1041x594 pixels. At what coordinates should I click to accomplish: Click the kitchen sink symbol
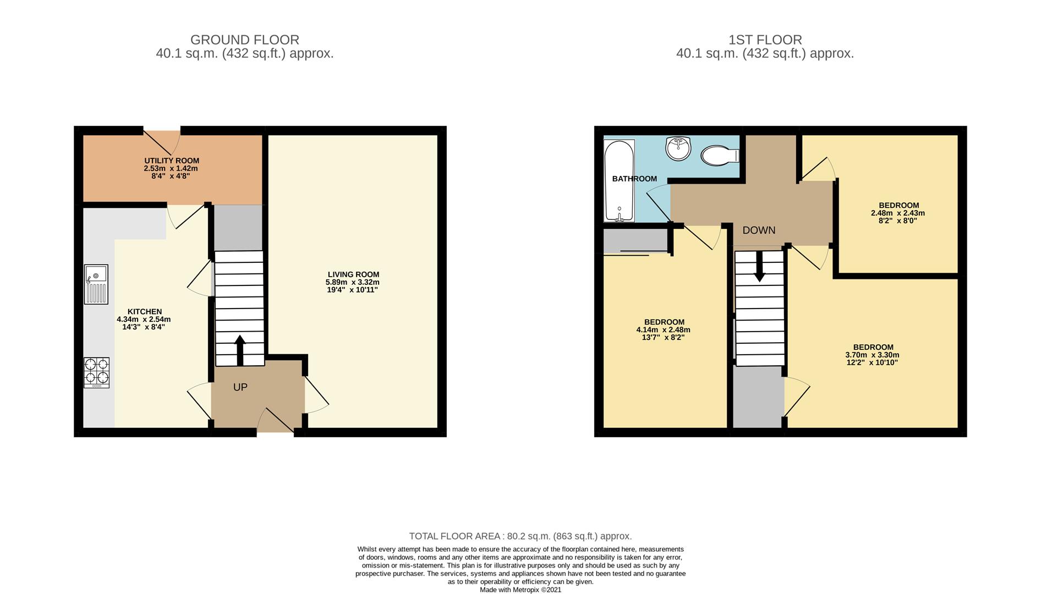point(96,284)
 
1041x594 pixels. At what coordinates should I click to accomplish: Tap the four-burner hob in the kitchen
point(96,372)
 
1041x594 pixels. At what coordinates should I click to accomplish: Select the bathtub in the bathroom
point(620,180)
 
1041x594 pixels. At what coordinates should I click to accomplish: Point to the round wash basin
point(678,148)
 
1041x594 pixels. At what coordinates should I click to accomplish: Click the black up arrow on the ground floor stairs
point(240,350)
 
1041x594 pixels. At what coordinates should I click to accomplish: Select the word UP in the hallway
point(240,387)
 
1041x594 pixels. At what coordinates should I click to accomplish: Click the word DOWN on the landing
point(759,230)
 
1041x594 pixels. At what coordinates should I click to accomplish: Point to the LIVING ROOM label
point(353,274)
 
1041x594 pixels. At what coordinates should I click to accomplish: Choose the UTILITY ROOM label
point(172,161)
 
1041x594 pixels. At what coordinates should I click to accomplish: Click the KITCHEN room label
point(145,311)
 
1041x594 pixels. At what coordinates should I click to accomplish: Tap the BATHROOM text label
point(634,179)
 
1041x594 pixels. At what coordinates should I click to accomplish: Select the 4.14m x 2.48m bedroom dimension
point(664,330)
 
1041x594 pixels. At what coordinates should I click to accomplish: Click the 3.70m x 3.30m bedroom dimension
point(873,355)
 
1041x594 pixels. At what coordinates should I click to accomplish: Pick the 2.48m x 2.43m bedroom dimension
point(898,213)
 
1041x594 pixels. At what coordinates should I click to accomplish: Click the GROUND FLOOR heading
point(245,40)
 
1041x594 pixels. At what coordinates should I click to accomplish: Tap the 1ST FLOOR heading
point(765,40)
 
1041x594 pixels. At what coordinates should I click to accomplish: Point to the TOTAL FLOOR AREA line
point(520,536)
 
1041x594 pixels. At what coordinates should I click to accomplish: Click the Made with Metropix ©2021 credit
point(520,590)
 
